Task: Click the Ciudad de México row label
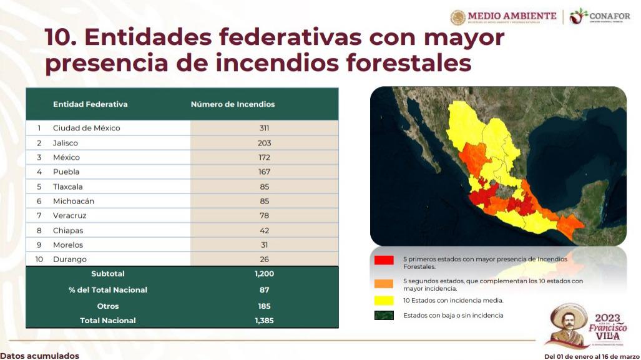click(86, 128)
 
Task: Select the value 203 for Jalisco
click(264, 143)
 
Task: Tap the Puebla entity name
click(66, 172)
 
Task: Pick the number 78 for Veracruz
click(264, 216)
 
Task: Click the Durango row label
click(70, 260)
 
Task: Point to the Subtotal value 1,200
click(264, 274)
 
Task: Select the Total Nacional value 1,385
click(264, 321)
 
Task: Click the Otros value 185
click(264, 306)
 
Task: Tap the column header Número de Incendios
click(233, 104)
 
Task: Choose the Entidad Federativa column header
click(90, 104)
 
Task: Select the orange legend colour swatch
click(384, 284)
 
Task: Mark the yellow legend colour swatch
click(384, 300)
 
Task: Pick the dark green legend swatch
click(384, 316)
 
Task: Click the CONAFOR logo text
click(609, 16)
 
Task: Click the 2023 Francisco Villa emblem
click(587, 325)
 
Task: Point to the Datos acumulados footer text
click(40, 356)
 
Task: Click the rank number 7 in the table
click(39, 216)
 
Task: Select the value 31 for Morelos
click(264, 245)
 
